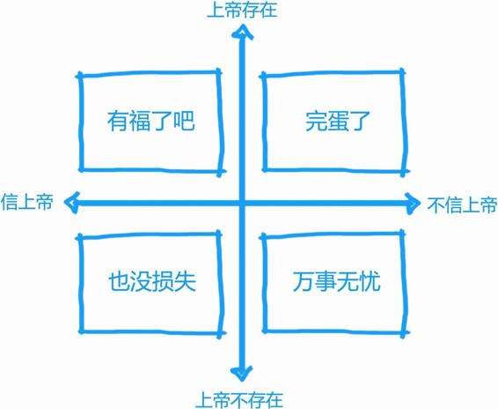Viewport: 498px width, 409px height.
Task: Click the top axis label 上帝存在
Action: pos(242,11)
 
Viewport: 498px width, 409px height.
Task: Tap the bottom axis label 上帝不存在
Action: pos(239,400)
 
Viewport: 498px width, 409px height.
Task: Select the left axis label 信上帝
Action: pos(27,202)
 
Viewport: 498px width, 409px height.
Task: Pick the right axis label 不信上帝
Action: pos(462,204)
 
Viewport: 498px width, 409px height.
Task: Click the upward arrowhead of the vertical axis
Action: pos(242,31)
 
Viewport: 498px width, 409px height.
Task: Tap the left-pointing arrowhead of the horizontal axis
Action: pos(71,202)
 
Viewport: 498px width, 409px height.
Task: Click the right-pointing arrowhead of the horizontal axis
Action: pos(413,203)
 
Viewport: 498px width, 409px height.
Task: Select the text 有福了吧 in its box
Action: pos(150,121)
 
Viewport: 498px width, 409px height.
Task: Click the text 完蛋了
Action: pos(337,121)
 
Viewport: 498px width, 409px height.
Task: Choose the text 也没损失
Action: pos(152,281)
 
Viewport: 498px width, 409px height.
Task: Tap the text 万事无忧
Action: pos(337,281)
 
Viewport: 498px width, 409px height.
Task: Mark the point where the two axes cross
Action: pos(242,203)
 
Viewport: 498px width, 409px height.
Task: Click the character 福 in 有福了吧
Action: pos(140,121)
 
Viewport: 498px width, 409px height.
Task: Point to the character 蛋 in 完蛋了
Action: pos(337,121)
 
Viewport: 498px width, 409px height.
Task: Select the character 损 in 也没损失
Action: pos(163,281)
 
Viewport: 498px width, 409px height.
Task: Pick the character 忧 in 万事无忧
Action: pos(370,281)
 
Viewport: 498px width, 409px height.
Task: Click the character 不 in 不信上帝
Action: pos(436,204)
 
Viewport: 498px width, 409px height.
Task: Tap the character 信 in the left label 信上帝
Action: pos(10,202)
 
